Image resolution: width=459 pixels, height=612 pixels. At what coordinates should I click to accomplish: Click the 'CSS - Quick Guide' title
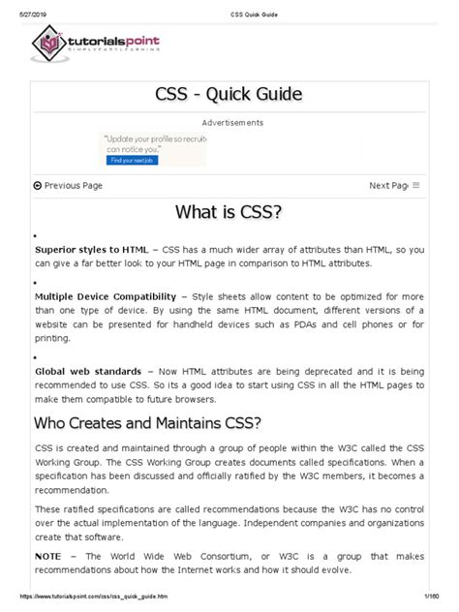(229, 94)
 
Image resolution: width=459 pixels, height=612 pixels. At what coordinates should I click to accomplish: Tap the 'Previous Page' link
(68, 185)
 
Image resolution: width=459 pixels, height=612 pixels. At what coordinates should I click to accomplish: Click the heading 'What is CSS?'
(229, 213)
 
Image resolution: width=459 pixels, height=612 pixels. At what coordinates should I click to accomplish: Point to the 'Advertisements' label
(232, 123)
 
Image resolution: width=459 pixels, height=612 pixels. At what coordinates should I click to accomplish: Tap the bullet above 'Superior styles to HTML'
(35, 235)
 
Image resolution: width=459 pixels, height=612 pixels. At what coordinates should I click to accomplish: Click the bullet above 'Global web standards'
(35, 356)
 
